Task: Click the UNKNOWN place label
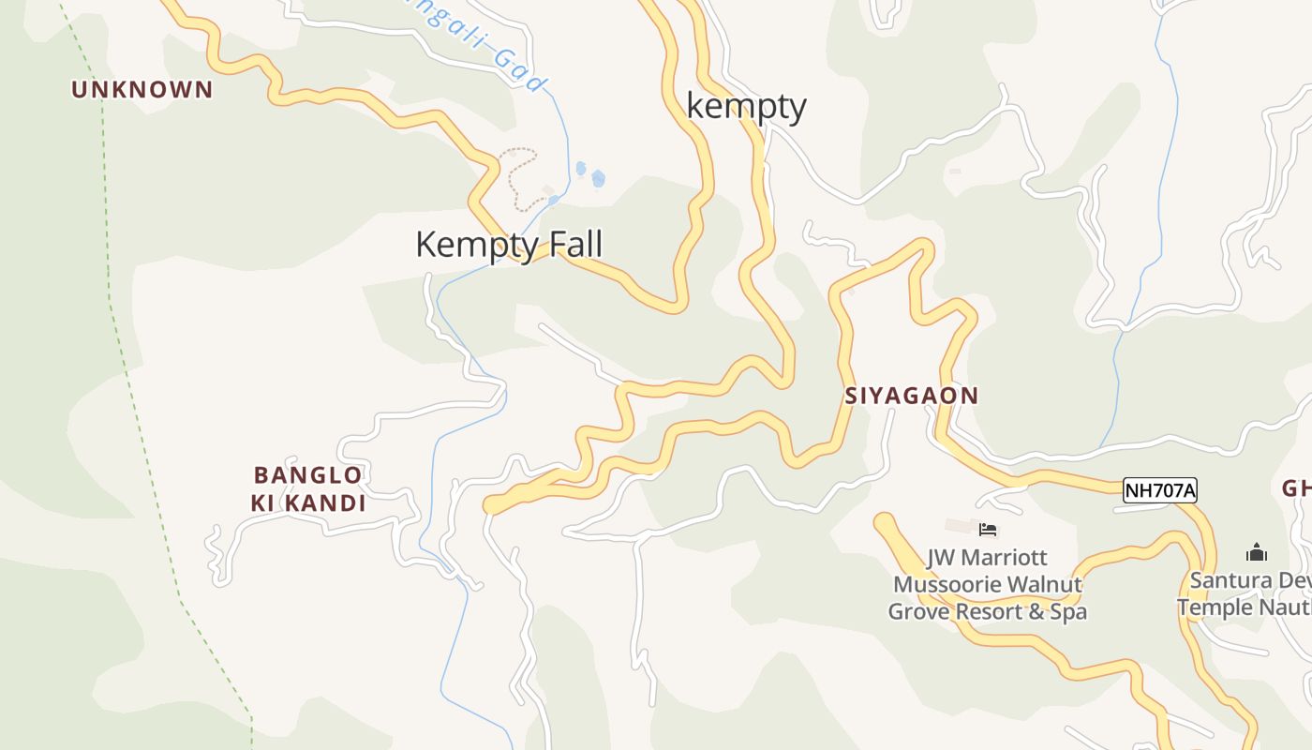coord(142,90)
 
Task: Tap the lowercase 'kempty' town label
coord(746,106)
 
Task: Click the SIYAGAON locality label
coord(911,396)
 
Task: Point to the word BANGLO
coord(307,474)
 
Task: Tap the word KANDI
coord(324,503)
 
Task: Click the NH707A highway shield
coord(1160,490)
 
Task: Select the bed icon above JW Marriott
coord(987,530)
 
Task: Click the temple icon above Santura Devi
coord(1256,552)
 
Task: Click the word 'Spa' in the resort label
coord(1068,612)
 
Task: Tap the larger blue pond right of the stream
coord(598,178)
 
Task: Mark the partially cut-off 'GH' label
coord(1296,488)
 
